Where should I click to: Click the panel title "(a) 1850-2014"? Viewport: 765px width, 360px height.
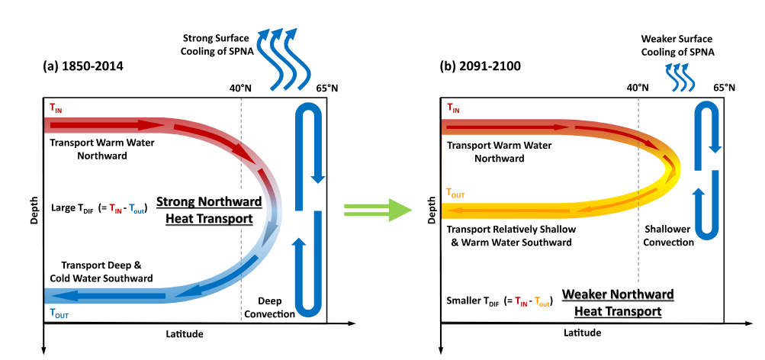(83, 66)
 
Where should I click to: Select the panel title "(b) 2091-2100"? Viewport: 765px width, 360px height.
(481, 66)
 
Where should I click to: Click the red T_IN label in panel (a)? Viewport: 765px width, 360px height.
(56, 109)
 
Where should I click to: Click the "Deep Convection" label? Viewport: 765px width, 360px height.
(272, 307)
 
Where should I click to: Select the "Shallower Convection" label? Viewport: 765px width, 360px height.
(669, 236)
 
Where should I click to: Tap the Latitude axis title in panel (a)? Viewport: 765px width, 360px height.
(185, 334)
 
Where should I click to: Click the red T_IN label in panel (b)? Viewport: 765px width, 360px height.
(454, 109)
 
